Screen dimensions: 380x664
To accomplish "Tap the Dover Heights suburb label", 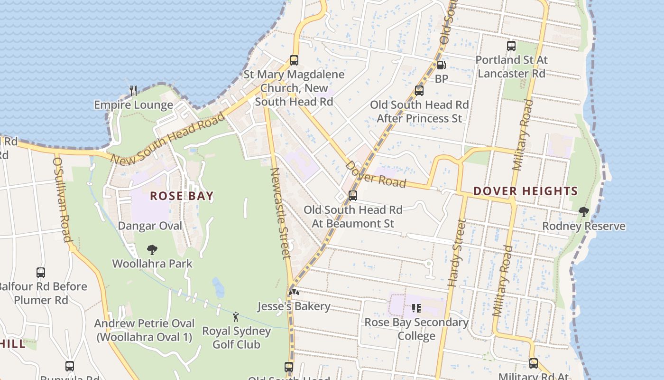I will point(526,191).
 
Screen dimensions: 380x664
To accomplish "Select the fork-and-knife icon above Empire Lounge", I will point(133,90).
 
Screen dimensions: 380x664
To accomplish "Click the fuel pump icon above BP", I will point(441,65).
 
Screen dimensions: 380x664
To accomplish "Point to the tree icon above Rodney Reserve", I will point(584,212).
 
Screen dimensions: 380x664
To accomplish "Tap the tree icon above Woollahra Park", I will point(152,249).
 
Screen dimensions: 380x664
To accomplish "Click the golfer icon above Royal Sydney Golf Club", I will point(236,316).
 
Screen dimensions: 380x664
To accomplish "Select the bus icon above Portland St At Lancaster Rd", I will point(511,46).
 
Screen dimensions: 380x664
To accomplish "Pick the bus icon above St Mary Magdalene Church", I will point(294,60).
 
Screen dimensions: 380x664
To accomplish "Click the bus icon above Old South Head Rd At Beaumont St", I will point(353,196).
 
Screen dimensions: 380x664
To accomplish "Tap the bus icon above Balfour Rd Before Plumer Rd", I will point(41,273).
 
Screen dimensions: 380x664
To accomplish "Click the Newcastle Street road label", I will point(280,213).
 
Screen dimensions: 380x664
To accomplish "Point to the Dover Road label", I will point(376,174).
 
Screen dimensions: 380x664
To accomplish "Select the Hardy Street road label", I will point(454,253).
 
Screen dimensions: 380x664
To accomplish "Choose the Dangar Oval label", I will point(150,226).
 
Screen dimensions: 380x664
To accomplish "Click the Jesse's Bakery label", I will point(294,306).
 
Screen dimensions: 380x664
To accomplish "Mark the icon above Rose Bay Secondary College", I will point(416,308).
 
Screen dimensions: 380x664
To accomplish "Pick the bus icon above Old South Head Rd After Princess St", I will point(419,91).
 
